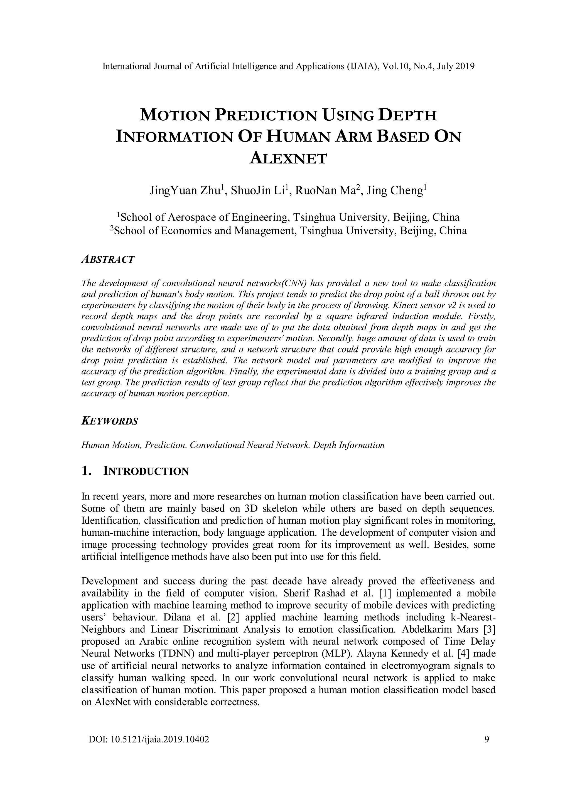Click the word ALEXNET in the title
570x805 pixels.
tap(288, 159)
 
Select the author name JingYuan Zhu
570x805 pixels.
tap(186, 191)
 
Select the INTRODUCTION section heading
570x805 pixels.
tap(146, 471)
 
